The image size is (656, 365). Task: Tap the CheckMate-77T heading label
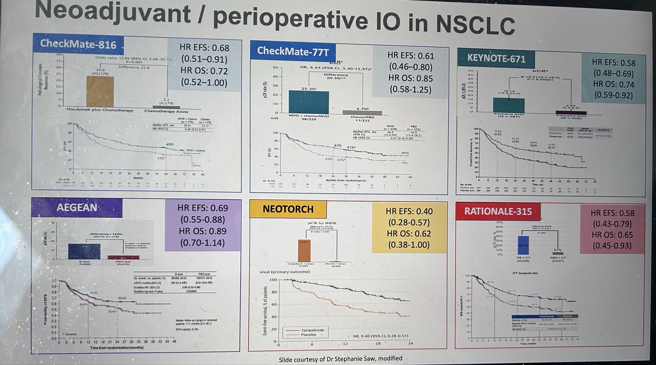point(292,51)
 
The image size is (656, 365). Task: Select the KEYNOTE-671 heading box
point(496,59)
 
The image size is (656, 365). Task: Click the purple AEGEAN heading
point(77,207)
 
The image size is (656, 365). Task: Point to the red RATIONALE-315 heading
point(498,211)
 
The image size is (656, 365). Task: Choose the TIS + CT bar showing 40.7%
point(523,245)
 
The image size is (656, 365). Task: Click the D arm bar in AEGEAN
point(84,251)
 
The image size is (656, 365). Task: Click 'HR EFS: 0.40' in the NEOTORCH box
point(409,211)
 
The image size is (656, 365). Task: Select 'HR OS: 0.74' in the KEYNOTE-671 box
point(613,84)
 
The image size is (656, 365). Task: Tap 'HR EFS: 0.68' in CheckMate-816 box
point(204,48)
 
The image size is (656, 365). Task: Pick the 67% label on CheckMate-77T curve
point(338,146)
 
